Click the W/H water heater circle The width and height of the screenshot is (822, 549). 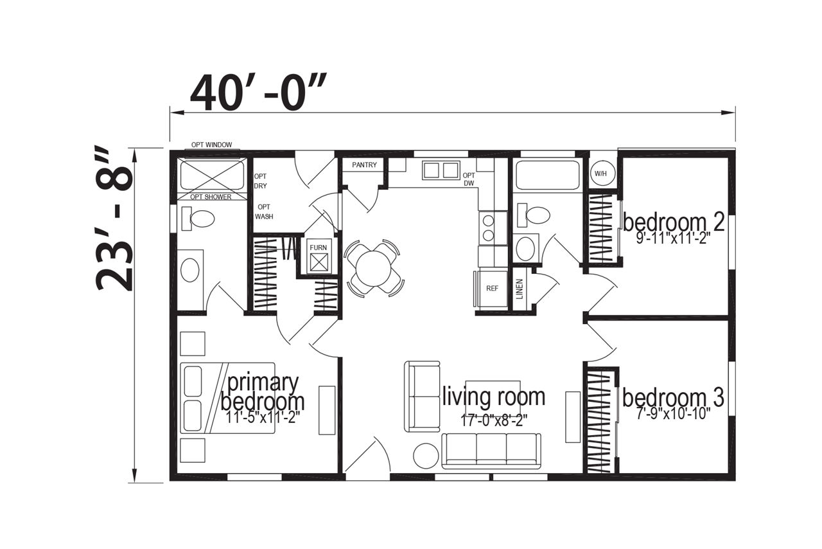[600, 174]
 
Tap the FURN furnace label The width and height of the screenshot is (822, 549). [318, 248]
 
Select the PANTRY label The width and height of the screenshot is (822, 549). [364, 165]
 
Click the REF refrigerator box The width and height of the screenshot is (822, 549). [492, 289]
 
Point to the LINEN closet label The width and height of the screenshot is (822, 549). [520, 289]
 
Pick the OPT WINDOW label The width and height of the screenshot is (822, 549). [211, 145]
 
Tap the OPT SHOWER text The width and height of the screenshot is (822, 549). [211, 197]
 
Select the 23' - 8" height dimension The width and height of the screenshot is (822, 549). [114, 220]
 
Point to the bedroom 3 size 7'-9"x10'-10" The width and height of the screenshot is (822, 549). [673, 414]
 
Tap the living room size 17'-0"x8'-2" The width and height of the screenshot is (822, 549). [494, 420]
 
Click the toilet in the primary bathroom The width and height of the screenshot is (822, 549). [198, 219]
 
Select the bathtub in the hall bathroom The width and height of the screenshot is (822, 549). [548, 175]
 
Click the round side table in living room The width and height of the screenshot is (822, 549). [426, 456]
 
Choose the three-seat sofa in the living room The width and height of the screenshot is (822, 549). [491, 451]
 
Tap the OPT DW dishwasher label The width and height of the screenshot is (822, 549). [469, 179]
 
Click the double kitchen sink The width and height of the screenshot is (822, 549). [441, 170]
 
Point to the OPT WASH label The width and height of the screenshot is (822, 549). [264, 212]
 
